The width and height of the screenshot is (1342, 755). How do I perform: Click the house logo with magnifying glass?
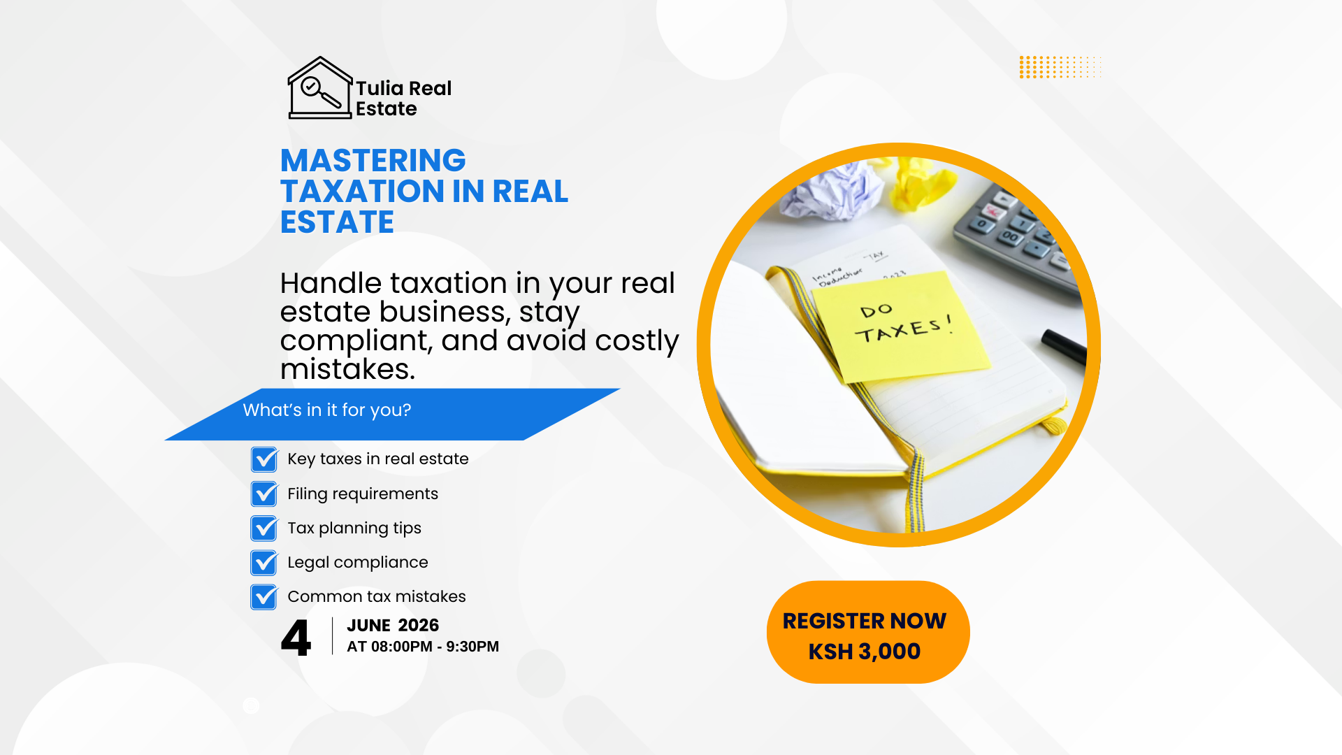pos(320,88)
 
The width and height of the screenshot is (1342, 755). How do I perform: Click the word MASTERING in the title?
pos(373,160)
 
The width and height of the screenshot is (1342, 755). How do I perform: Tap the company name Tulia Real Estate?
pos(404,99)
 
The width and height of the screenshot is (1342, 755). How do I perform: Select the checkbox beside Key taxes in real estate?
pos(264,459)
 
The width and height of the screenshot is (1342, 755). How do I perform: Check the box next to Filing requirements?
pos(264,494)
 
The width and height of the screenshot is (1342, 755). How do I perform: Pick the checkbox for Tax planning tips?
pos(264,528)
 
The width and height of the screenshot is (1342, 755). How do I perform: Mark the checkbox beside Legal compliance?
pos(264,562)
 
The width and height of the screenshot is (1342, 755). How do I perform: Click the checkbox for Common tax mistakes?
pos(264,596)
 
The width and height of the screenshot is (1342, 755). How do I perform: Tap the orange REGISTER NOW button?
pos(868,632)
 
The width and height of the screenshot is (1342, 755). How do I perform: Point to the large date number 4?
pos(296,638)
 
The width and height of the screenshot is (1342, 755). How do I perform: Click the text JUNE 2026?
pos(393,625)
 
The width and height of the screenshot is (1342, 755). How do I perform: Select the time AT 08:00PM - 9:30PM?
pos(423,647)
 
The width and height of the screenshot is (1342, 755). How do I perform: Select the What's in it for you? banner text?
pos(327,410)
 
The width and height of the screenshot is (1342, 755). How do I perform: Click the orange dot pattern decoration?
pos(1060,67)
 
